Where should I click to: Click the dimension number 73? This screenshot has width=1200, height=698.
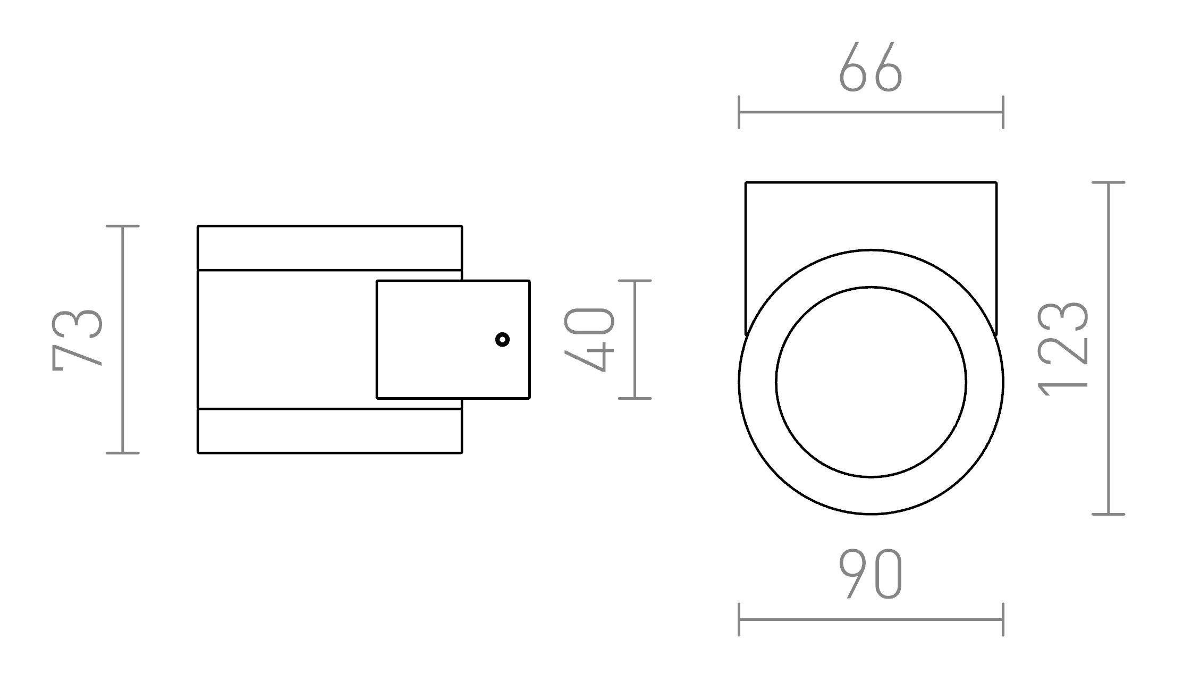coord(78,339)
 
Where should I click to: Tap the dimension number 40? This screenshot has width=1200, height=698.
coord(589,339)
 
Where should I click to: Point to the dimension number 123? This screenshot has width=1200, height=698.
coord(1063,349)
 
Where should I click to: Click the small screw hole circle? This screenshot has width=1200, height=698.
coord(502,339)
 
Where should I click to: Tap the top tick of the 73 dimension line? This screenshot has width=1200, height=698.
coord(123,226)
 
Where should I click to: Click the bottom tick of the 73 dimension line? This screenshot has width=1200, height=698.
coord(123,453)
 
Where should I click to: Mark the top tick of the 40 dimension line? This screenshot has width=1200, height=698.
coord(635,281)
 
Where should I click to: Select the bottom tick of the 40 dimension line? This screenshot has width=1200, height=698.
coord(635,398)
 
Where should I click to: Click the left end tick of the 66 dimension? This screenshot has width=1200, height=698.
coord(739,112)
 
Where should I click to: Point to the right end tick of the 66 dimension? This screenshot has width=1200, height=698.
coord(1003,112)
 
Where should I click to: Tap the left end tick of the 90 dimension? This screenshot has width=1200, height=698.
coord(739,619)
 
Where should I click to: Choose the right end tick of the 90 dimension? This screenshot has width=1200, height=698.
coord(1003,619)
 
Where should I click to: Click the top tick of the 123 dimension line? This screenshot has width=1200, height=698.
coord(1109,182)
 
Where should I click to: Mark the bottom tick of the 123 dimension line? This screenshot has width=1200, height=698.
coord(1109,514)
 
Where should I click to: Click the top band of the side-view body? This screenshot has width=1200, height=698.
coord(329,248)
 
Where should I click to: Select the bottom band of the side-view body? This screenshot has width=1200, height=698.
coord(329,431)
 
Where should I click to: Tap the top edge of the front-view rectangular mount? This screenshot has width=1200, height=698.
coord(871,182)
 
